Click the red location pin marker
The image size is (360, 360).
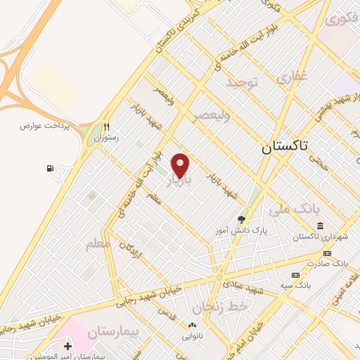(181, 165)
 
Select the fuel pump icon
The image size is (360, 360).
(49, 169)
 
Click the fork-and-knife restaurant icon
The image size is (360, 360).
(107, 127)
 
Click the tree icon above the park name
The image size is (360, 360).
(242, 219)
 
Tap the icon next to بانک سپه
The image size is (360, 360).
(295, 274)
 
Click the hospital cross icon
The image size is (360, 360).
(67, 347)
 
